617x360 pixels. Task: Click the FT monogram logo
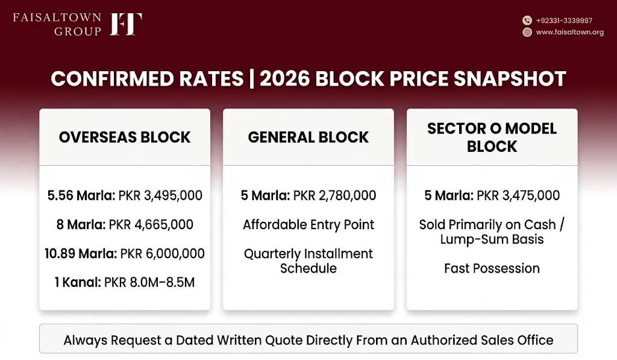click(x=125, y=24)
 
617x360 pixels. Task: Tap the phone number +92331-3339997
click(x=564, y=21)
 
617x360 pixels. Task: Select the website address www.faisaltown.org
click(x=569, y=33)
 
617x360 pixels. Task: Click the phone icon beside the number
click(x=527, y=21)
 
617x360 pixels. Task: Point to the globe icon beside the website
click(x=527, y=33)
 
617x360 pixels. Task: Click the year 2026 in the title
click(x=285, y=78)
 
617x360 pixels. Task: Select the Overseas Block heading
click(x=125, y=137)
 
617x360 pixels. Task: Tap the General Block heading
click(x=308, y=137)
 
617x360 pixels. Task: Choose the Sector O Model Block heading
click(x=492, y=137)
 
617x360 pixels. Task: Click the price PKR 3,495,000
click(x=160, y=195)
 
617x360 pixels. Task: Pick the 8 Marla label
click(x=81, y=224)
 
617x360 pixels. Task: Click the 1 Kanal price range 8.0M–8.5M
click(x=160, y=282)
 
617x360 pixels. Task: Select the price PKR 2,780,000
click(x=334, y=195)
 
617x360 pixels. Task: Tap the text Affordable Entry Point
click(x=308, y=224)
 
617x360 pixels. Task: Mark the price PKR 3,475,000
click(x=518, y=195)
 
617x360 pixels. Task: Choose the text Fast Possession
click(x=492, y=268)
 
